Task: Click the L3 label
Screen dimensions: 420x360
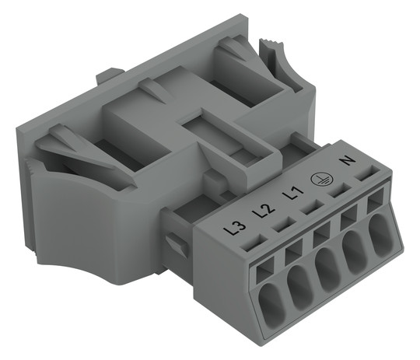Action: click(x=235, y=229)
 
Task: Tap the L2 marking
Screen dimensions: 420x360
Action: click(x=264, y=211)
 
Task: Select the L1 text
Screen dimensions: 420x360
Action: click(x=294, y=193)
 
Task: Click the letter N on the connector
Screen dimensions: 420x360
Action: click(x=348, y=161)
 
